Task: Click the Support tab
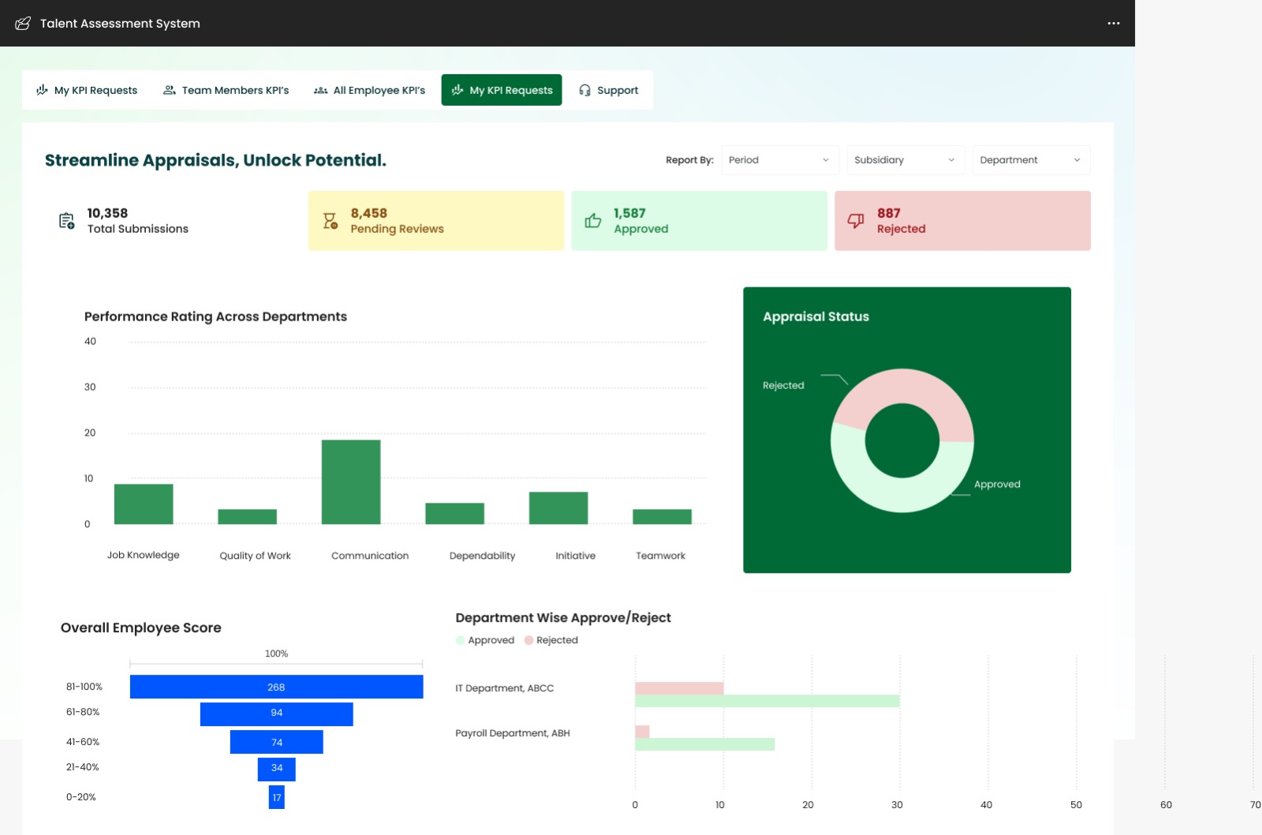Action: coord(608,90)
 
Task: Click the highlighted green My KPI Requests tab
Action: coord(502,90)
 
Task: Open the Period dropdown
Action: coord(778,160)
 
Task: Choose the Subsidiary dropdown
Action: coord(904,160)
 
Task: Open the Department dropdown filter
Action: coord(1030,160)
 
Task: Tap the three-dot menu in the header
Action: coord(1113,24)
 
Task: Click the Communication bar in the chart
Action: coord(351,481)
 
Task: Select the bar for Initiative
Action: coord(558,507)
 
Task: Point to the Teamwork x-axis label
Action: coord(660,556)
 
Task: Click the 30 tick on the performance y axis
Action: coord(90,388)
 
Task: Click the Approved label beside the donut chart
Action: coord(997,485)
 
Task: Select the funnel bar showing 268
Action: coord(276,687)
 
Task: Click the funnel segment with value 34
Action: coord(276,768)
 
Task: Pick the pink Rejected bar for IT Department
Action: coord(679,688)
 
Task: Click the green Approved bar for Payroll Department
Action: coord(704,744)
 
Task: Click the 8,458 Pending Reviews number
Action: coord(368,213)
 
